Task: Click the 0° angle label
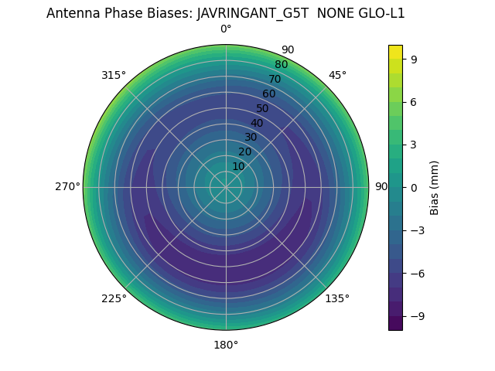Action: coord(226,29)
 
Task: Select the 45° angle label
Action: coord(337,75)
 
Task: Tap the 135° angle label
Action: coord(337,298)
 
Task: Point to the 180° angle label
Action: coord(226,345)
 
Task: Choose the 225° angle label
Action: coord(114,298)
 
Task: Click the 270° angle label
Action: coord(67,187)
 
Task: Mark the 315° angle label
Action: coord(114,75)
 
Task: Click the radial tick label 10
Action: coord(238,166)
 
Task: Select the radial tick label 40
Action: coord(257,123)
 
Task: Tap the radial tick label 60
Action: coord(268,94)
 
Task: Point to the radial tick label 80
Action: coord(281,65)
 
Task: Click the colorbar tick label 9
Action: coord(412,59)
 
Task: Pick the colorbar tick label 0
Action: coord(412,187)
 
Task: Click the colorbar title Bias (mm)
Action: coord(435,187)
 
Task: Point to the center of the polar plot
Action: coord(226,187)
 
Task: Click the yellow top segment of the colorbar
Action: coord(395,51)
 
